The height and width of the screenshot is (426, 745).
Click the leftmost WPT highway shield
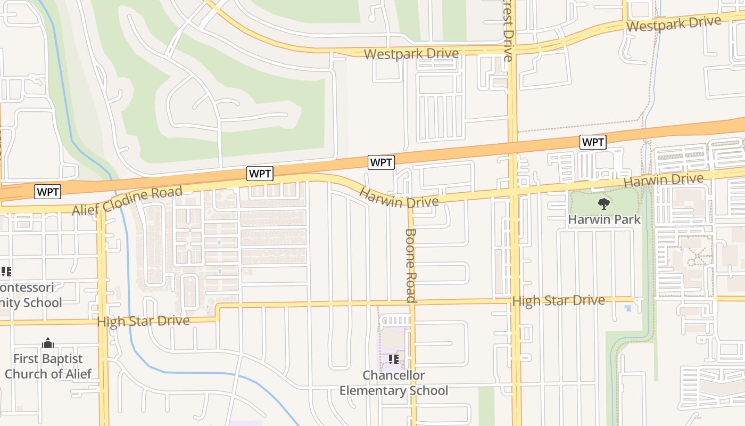point(47,192)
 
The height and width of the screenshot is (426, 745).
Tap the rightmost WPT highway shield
point(593,142)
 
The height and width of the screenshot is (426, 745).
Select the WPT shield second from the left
point(260,173)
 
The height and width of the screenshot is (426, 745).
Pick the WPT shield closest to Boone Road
point(381,162)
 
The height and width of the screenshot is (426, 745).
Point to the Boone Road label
point(410,265)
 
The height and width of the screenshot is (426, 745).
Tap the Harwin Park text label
point(604,219)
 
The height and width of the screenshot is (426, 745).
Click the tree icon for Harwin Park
point(603,203)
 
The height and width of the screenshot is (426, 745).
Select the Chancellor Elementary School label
point(394,383)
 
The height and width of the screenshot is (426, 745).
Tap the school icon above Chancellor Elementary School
point(394,359)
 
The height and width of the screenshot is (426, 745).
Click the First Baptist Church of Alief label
point(48,366)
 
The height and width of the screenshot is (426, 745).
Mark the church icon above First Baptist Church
point(48,342)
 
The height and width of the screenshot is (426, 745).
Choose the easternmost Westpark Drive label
point(674,23)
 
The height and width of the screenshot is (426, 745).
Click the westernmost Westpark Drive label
point(411,54)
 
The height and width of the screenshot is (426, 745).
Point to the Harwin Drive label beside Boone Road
point(399,197)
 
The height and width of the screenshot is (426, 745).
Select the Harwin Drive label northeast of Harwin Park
point(670,180)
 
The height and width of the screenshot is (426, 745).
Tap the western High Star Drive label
point(143,321)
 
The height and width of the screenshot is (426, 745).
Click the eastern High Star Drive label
point(558,301)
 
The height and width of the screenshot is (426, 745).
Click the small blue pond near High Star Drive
point(628,308)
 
